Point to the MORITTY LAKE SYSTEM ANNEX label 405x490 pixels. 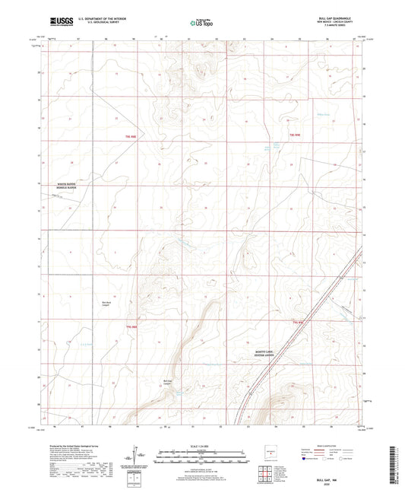point(270,352)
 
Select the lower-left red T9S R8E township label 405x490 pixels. point(131,326)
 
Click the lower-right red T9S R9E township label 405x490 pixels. point(298,323)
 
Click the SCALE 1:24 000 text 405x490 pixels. point(201,445)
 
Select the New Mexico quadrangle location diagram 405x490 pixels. point(267,455)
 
